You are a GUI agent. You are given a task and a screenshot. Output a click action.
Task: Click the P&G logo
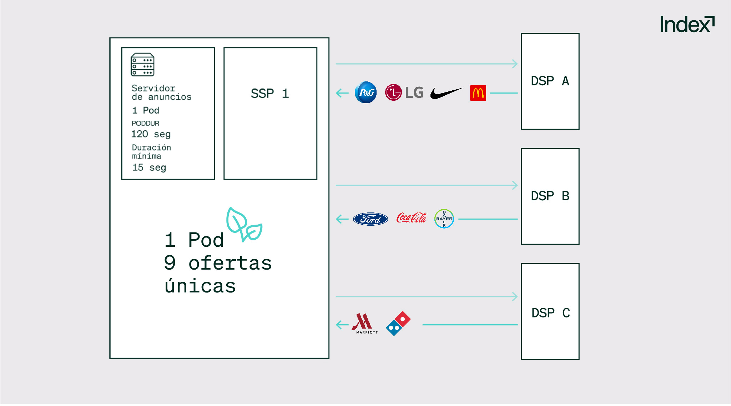[x=365, y=92]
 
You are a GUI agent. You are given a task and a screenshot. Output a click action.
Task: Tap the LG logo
[x=404, y=92]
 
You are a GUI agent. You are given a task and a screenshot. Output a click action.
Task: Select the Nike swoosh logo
[x=446, y=93]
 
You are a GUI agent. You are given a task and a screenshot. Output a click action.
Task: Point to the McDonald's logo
[x=478, y=93]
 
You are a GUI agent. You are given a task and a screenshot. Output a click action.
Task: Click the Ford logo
[x=370, y=219]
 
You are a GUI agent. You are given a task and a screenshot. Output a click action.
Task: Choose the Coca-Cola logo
[x=412, y=218]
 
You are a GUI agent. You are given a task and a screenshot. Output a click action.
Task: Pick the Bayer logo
[x=444, y=219]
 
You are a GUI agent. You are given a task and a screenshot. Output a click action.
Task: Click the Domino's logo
[x=398, y=324]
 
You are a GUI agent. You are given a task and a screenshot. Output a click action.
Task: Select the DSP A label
[x=550, y=81]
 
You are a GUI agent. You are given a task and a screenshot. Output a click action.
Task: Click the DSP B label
[x=550, y=196]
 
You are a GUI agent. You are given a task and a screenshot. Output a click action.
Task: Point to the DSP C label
[x=550, y=313]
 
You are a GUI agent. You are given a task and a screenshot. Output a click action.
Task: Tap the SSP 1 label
[x=270, y=94]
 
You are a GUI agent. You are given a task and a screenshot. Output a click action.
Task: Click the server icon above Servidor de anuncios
[x=142, y=65]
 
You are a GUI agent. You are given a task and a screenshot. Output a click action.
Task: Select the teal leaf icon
[x=244, y=225]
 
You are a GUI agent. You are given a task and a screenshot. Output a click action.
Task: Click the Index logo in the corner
[x=687, y=24]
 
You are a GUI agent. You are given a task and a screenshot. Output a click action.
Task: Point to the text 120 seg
[x=151, y=134]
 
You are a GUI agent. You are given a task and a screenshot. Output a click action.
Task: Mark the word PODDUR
[x=146, y=123]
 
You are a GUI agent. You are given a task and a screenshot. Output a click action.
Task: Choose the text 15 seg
[x=149, y=167]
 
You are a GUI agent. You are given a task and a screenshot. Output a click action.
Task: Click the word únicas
[x=200, y=286]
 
